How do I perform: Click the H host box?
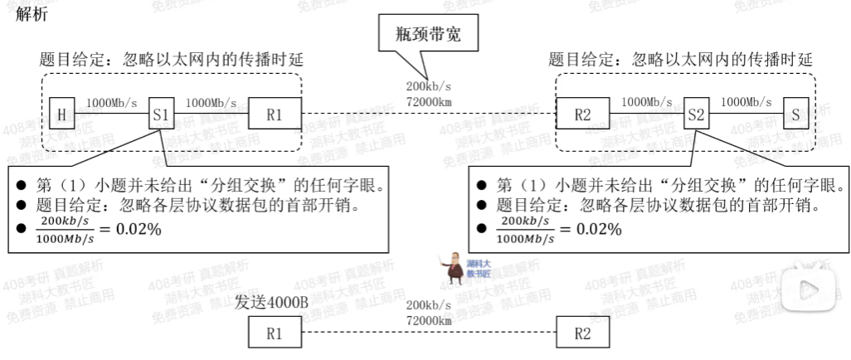coord(61,114)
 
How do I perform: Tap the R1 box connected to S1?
coord(275,114)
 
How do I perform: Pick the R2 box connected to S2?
coord(582,114)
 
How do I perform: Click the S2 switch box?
coord(695,114)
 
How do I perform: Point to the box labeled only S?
coord(795,114)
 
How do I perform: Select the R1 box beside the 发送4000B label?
coord(275,333)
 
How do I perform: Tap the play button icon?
coord(808,289)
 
